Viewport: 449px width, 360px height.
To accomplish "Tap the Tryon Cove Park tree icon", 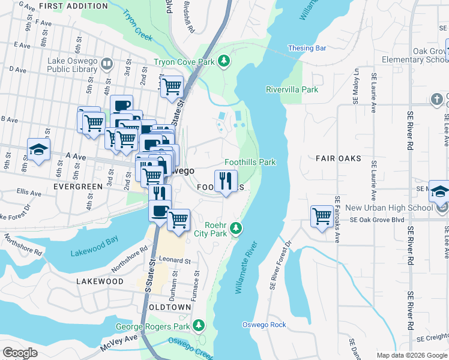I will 224,61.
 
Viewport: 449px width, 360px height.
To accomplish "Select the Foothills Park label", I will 250,162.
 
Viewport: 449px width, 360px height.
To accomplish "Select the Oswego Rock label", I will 264,325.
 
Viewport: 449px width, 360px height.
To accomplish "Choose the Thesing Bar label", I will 307,48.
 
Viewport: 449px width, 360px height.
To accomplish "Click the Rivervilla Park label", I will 292,89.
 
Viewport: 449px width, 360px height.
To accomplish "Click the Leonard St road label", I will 175,261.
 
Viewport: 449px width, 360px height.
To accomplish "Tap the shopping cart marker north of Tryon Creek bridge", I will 172,87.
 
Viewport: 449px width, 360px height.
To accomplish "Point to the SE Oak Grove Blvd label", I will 374,220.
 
